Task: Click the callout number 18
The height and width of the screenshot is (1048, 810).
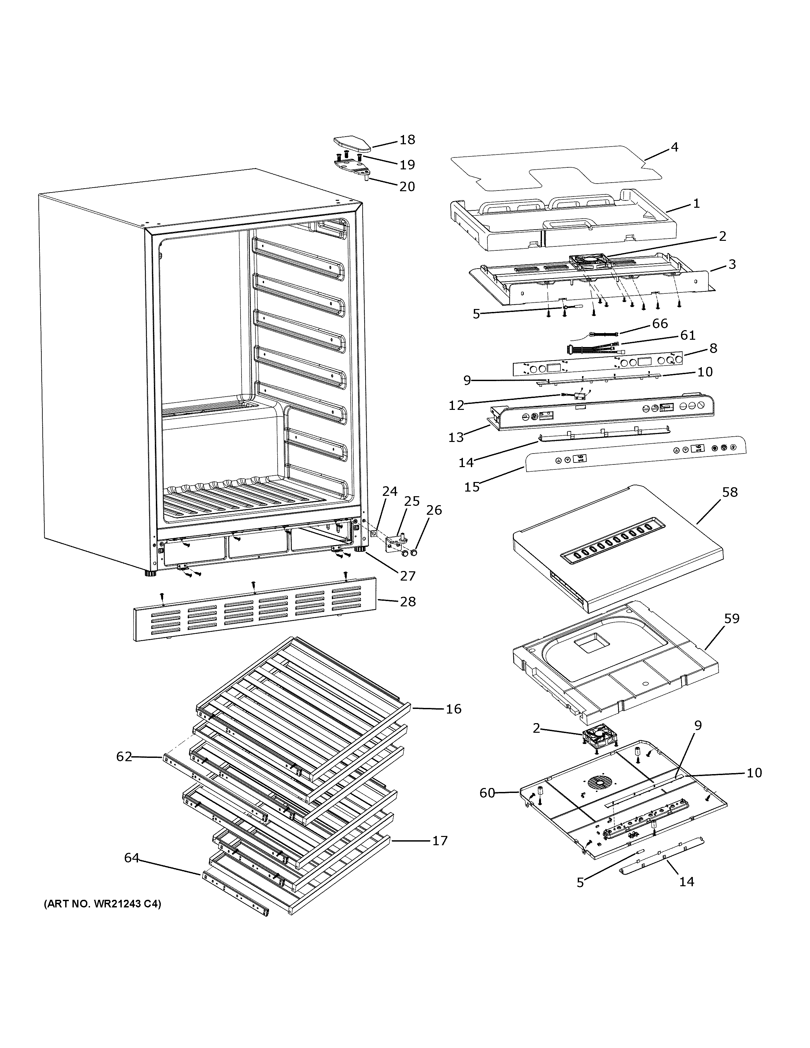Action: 407,140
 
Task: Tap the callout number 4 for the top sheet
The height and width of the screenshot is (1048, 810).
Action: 674,147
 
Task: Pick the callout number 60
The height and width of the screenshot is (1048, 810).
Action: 487,793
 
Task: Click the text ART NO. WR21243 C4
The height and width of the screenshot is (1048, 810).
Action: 102,904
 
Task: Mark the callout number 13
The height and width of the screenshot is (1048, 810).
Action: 456,437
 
